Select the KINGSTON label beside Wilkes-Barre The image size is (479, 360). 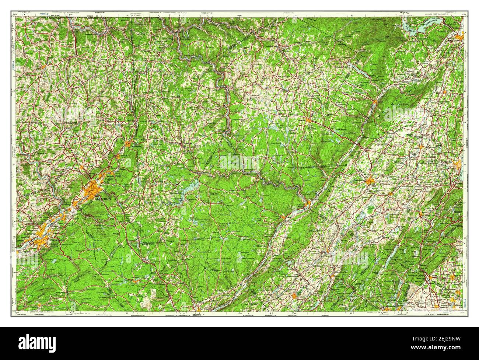[29, 234]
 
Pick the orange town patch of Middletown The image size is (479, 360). [370, 181]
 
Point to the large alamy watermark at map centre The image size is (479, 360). [239, 162]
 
